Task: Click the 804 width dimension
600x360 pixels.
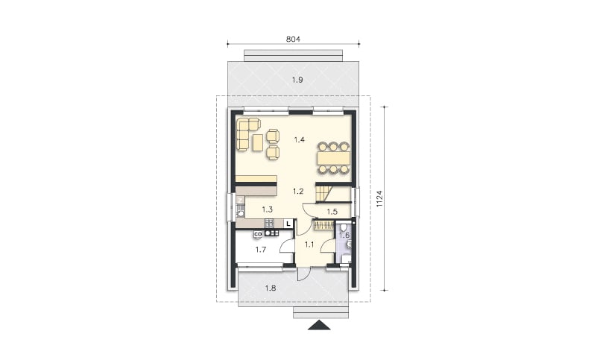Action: tap(293, 39)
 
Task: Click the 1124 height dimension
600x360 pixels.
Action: tap(379, 199)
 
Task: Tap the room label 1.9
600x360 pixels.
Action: tap(297, 80)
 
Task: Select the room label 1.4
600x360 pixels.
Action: tap(299, 139)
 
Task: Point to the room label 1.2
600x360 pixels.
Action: tap(298, 192)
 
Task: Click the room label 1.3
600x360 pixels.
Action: tap(267, 209)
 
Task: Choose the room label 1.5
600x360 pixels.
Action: tap(332, 212)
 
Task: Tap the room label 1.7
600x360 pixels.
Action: tap(261, 250)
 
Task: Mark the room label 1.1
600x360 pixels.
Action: tap(309, 244)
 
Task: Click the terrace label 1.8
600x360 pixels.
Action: tap(271, 288)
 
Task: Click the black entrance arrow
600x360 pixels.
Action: tap(319, 325)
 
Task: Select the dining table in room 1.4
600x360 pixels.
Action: tap(334, 157)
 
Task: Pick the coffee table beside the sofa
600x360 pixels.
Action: tap(257, 142)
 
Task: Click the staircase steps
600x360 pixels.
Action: tap(323, 193)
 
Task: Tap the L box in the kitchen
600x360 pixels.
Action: tap(288, 223)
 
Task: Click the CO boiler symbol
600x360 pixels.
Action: tap(258, 234)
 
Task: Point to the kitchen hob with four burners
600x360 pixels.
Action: tap(269, 223)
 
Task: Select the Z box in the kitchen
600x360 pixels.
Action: tap(240, 200)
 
